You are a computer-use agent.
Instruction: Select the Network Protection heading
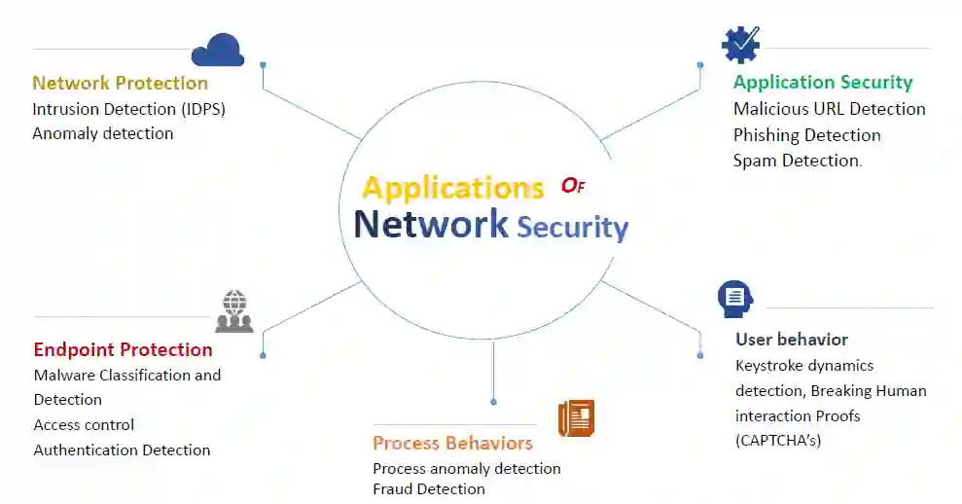coord(120,83)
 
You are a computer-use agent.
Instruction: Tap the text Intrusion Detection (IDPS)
coord(128,109)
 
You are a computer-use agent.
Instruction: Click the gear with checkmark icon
coord(740,45)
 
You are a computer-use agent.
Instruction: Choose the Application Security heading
coord(823,82)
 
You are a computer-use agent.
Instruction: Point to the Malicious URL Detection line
coord(829,109)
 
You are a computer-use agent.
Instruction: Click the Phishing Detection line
coord(806,135)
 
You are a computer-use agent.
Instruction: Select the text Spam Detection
coord(797,161)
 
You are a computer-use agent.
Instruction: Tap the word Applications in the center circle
coord(452,187)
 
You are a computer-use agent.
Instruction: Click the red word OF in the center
coord(573,186)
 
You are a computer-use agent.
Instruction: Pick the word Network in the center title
coord(431,224)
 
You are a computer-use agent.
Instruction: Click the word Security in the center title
coord(572,227)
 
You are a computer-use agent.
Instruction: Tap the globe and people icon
coord(233,310)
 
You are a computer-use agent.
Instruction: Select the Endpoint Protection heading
coord(123,349)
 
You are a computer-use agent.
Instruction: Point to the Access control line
coord(84,425)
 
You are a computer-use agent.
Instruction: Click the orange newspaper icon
coord(576,418)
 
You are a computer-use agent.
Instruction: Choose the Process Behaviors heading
coord(452,443)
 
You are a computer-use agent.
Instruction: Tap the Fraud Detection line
coord(428,488)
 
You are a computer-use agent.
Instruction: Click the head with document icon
coord(734,299)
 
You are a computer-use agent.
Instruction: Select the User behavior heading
coord(791,340)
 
